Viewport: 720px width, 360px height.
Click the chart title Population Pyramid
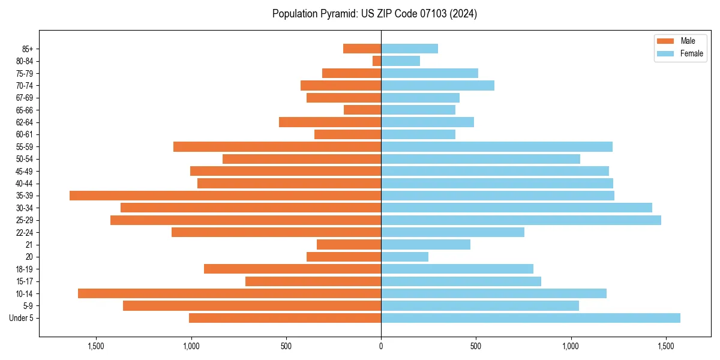coord(374,14)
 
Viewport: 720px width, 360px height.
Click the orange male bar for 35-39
coord(225,196)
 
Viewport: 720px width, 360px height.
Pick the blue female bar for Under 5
coord(530,318)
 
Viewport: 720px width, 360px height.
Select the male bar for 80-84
coord(377,61)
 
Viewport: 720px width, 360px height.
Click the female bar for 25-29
coord(521,220)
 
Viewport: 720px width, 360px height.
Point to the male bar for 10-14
coord(229,293)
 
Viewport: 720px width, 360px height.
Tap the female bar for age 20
coord(404,257)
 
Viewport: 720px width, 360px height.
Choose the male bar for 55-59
coord(277,147)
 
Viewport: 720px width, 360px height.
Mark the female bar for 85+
coord(409,49)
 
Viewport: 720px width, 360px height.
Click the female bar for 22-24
coord(452,232)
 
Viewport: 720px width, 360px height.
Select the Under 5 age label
coord(21,318)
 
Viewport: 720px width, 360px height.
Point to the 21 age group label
coord(29,245)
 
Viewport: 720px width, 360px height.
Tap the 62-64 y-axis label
coord(25,122)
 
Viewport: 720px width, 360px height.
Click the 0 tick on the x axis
coord(381,346)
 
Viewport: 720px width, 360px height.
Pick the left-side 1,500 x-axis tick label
coord(96,346)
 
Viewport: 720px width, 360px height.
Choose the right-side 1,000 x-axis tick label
coord(571,346)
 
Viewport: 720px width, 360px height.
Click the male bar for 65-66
coord(362,110)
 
